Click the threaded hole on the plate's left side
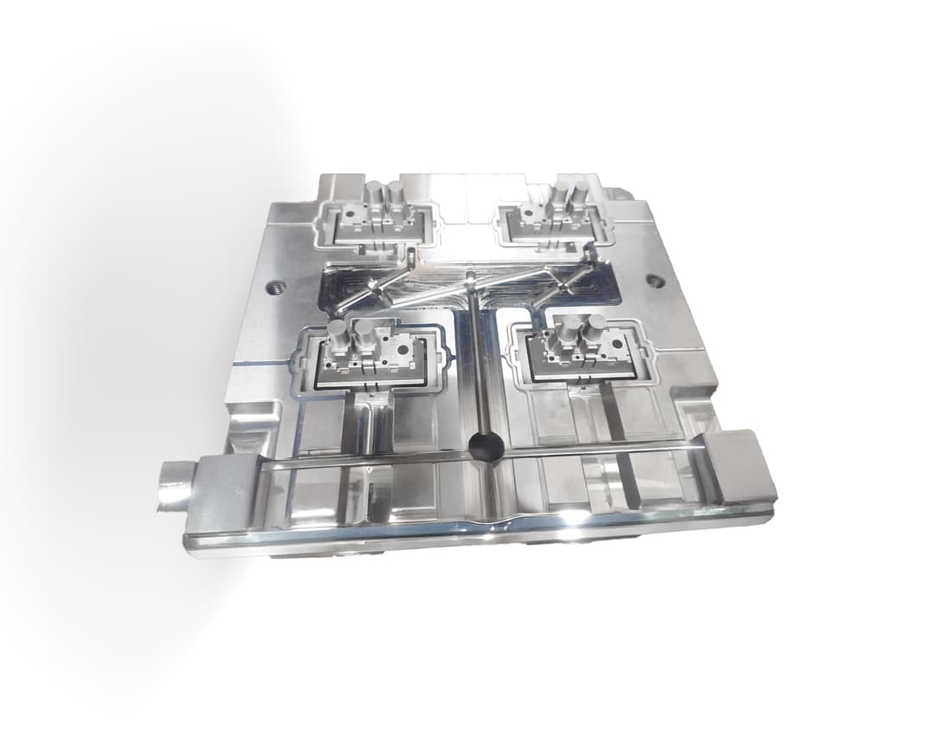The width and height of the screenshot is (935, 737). [x=275, y=287]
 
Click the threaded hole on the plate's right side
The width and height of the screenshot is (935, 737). [x=655, y=281]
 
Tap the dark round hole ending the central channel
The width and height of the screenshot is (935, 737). [x=485, y=447]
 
